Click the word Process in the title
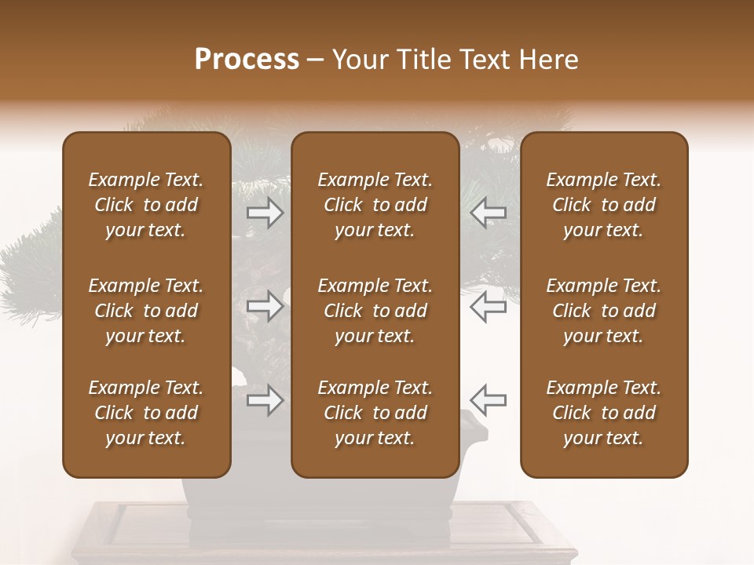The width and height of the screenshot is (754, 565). (x=247, y=60)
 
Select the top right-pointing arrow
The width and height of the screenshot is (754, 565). (x=265, y=212)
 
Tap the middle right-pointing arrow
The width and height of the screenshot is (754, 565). (x=265, y=306)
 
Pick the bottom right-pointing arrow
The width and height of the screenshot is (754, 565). (x=265, y=400)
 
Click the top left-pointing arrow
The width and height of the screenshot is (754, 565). (x=488, y=212)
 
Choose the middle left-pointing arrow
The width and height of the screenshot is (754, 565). (x=488, y=306)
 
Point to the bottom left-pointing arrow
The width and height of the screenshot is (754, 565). (x=488, y=400)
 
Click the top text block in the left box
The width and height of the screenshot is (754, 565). (x=146, y=205)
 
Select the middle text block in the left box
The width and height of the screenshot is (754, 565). (x=146, y=311)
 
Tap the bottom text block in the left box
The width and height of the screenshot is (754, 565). (x=146, y=413)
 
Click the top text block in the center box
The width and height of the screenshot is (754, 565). (x=375, y=205)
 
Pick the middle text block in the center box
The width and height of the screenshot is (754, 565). (x=375, y=311)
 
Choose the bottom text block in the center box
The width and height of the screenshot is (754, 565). (x=375, y=413)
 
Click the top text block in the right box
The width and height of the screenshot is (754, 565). (x=603, y=205)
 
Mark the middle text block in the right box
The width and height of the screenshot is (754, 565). (x=603, y=311)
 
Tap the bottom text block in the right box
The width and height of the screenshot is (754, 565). (x=603, y=413)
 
